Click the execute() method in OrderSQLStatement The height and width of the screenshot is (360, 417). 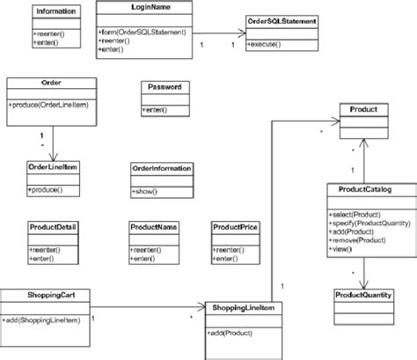pos(266,43)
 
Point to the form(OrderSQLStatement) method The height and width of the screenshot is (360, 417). pos(142,33)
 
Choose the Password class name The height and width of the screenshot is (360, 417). pos(165,88)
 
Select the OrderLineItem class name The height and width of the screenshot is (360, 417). pos(55,167)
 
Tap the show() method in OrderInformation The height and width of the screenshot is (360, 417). pos(146,191)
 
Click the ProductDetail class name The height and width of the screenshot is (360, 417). pos(53,227)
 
